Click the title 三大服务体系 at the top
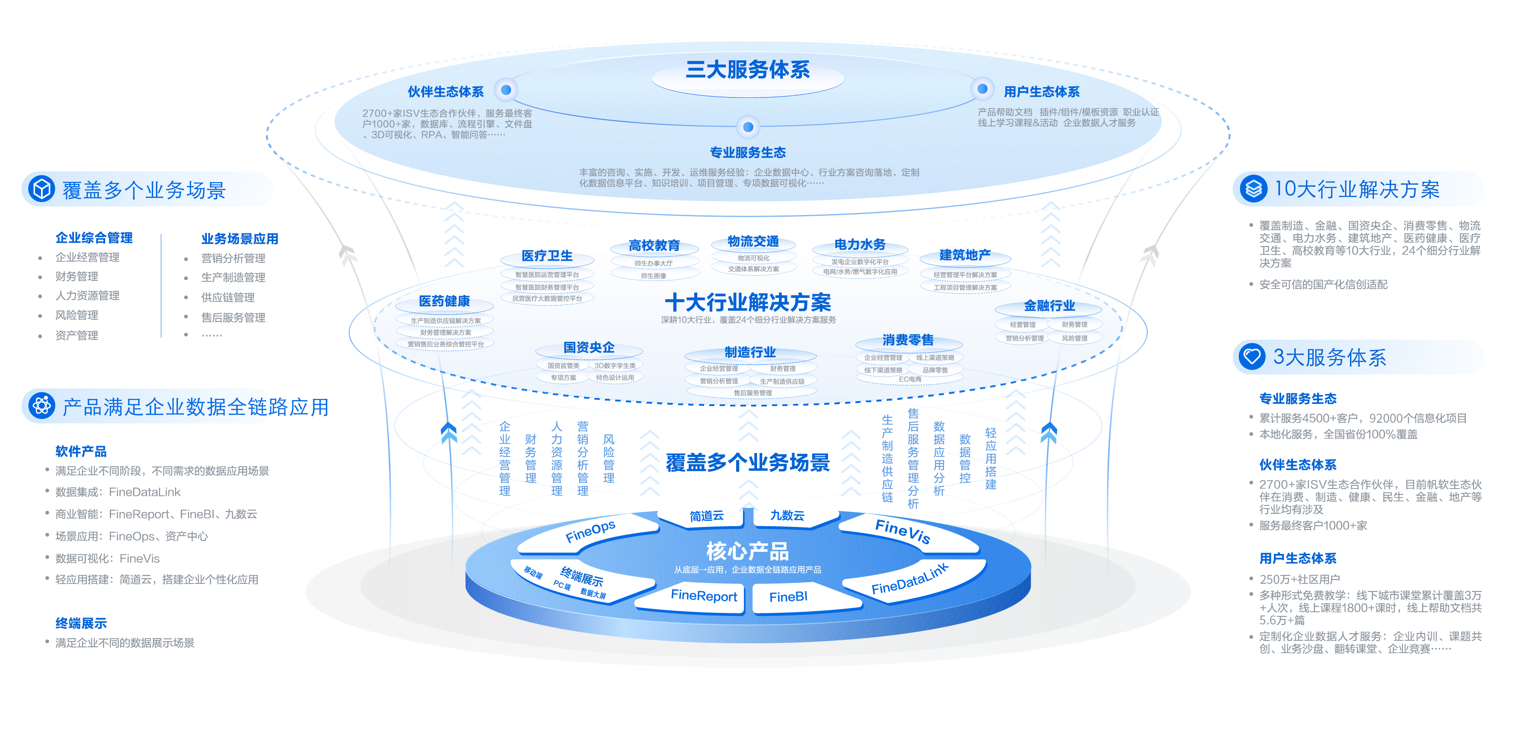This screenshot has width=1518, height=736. tap(747, 70)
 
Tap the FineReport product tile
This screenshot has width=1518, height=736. tap(704, 596)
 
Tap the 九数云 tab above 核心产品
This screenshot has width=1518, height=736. tap(787, 515)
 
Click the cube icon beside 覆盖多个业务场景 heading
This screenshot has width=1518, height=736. tap(42, 189)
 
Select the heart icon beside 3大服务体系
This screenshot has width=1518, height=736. tap(1252, 356)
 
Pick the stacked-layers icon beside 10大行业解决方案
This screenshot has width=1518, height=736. tap(1253, 188)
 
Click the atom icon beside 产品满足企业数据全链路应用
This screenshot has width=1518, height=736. tap(42, 406)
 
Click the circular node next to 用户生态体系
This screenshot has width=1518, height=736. tap(982, 89)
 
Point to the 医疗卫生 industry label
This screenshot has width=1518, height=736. tap(547, 256)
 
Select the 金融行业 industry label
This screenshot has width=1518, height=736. tap(1049, 306)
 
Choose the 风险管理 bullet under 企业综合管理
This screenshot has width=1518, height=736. tap(77, 315)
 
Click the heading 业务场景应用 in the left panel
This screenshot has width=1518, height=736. tap(239, 238)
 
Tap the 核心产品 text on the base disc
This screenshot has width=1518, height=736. tap(747, 551)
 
